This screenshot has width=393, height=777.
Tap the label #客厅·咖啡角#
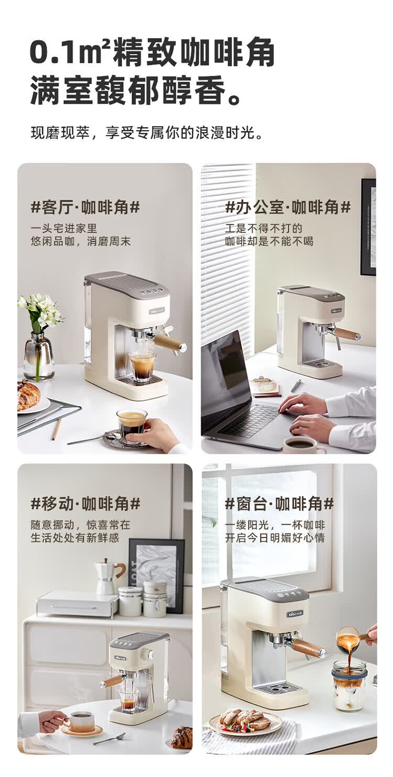click(85, 208)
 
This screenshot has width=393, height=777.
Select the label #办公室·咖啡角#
click(288, 208)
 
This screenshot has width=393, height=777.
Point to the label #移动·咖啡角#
click(85, 504)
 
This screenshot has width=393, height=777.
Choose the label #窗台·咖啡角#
click(279, 504)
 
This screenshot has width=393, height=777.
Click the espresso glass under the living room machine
click(143, 366)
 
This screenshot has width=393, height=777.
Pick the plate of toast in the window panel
click(245, 722)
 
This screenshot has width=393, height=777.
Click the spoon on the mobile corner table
click(110, 738)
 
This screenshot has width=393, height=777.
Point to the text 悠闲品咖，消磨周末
click(80, 242)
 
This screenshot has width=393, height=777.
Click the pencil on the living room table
click(56, 429)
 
